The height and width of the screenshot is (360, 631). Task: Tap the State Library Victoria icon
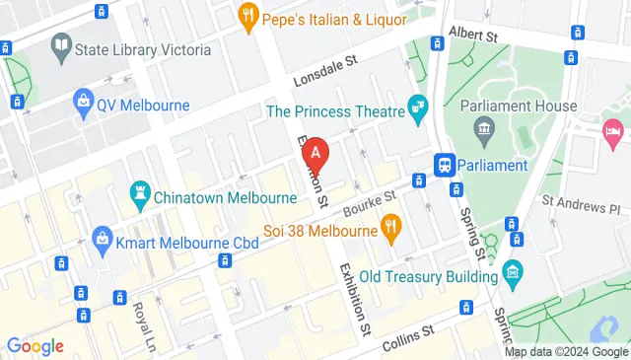62,45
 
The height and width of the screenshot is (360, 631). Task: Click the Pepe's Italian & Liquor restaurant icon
246,16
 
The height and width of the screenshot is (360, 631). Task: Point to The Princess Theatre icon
419,105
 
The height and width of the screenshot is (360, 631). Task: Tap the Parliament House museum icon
484,127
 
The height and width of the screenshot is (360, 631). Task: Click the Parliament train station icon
445,164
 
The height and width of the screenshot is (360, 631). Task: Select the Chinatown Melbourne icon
139,194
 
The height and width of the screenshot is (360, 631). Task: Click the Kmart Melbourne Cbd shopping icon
102,238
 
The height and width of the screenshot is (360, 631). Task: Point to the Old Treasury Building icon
512,271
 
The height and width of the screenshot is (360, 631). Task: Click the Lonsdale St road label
322,71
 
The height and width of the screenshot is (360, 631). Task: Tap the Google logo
35,345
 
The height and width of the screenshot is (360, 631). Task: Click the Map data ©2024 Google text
566,352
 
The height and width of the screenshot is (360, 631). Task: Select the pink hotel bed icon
613,129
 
